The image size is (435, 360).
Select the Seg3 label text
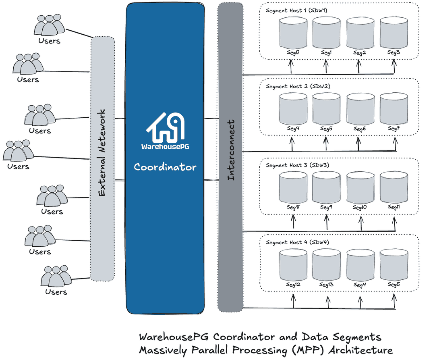394,52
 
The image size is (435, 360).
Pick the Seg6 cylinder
360,109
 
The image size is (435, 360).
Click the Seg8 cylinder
293,187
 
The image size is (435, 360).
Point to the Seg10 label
360,207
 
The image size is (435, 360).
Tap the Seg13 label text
326,285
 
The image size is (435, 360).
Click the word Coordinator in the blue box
165,167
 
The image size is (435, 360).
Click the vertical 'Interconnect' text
231,150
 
